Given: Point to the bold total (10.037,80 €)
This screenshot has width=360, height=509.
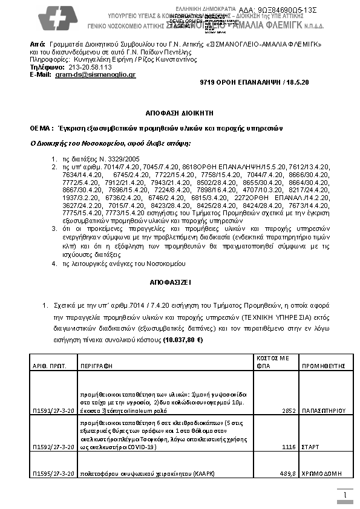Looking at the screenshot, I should [183, 340].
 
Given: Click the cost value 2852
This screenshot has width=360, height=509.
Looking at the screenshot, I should [288, 410].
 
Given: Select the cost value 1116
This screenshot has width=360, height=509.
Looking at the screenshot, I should [288, 447].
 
